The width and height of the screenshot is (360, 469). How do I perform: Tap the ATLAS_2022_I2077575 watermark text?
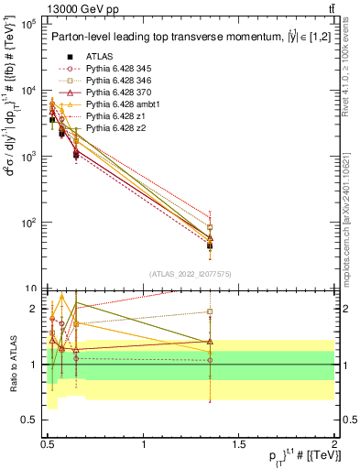pyautogui.click(x=190, y=272)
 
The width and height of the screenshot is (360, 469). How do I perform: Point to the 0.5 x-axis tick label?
pyautogui.click(x=48, y=443)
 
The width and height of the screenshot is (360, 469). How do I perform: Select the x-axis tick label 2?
pyautogui.click(x=333, y=443)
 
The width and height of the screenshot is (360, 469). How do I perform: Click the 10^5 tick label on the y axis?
pyautogui.click(x=27, y=25)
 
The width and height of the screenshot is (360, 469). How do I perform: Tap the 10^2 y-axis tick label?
pyautogui.click(x=27, y=223)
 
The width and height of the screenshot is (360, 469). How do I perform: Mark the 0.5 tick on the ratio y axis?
pyautogui.click(x=29, y=420)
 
